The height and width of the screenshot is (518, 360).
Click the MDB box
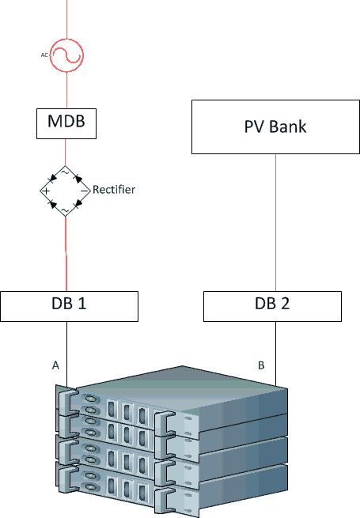[x=66, y=123]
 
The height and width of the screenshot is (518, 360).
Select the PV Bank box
[x=275, y=127]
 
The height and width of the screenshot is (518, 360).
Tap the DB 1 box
[x=69, y=306]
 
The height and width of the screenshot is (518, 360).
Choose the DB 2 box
[x=272, y=306]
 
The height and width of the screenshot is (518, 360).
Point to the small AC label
[x=44, y=55]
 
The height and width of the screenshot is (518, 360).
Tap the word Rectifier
[x=114, y=190]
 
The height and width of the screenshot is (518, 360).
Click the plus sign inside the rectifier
[x=46, y=191]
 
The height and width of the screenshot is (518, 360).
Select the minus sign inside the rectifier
[x=85, y=191]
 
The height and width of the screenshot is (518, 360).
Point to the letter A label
[x=55, y=365]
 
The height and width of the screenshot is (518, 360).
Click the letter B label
[x=261, y=365]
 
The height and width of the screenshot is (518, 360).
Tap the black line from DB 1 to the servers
[x=66, y=354]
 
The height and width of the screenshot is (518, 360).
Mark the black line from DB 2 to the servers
[x=275, y=354]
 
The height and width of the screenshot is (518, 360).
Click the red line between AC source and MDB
[x=66, y=90]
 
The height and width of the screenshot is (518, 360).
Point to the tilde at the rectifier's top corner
[x=65, y=172]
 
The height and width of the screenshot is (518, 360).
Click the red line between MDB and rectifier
[x=65, y=153]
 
